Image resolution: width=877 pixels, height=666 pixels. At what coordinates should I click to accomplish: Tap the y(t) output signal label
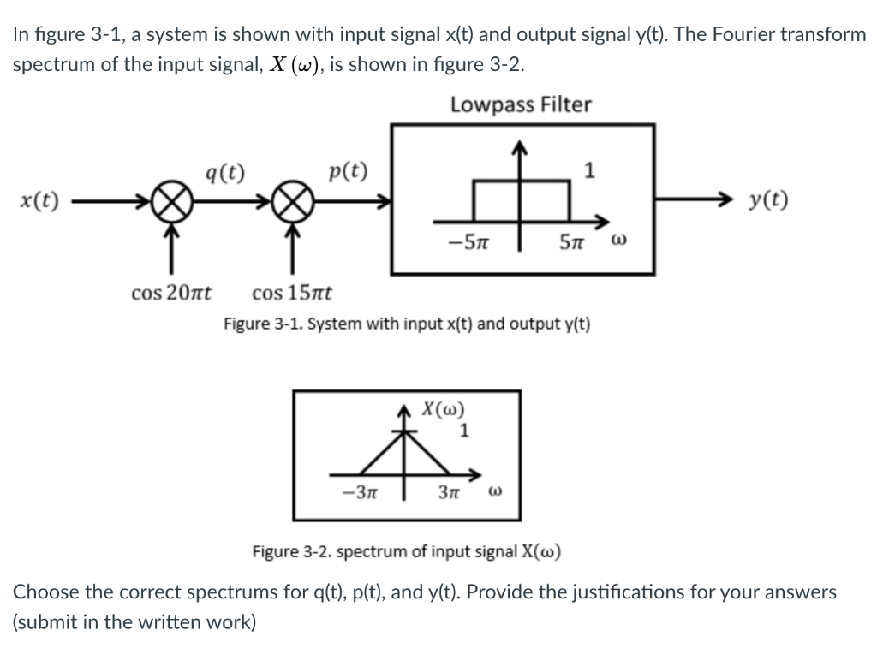pos(768,202)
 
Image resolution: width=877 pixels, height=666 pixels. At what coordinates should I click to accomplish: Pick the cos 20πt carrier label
pos(173,294)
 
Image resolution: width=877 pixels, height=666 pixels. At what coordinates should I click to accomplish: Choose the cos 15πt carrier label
pos(293,294)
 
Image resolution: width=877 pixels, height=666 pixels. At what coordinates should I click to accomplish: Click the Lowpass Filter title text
pos(521,105)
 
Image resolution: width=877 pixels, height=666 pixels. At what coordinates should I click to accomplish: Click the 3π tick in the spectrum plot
pos(450,493)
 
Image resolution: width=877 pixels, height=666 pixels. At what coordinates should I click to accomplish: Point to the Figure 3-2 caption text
pos(407,550)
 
